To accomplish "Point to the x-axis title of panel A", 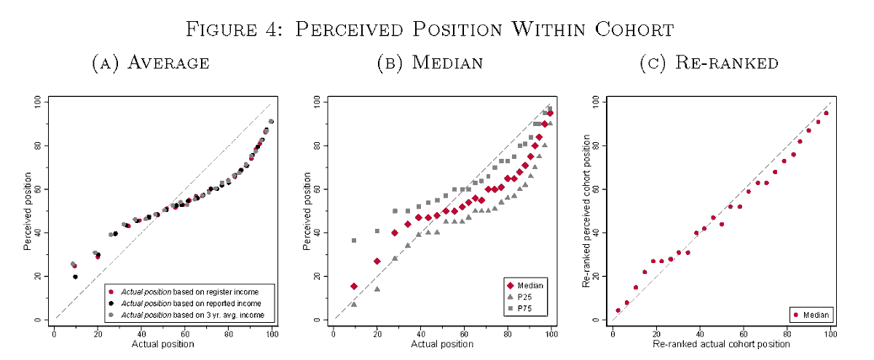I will coord(162,344).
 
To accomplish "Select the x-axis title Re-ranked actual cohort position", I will coord(721,344).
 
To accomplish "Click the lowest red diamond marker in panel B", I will coord(354,286).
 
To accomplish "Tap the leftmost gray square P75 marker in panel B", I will coord(354,240).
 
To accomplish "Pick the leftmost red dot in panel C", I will coord(618,310).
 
